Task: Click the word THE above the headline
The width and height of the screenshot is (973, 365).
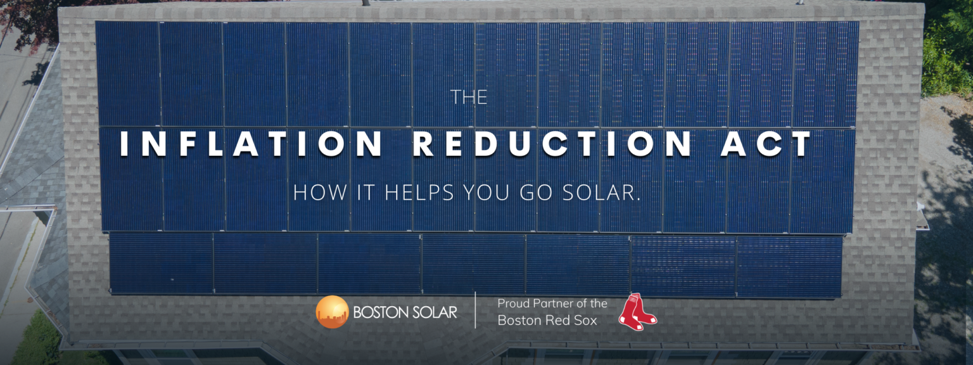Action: click(x=469, y=98)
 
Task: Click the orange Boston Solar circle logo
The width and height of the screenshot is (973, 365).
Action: click(x=332, y=312)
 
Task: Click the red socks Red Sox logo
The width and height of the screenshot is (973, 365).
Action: click(x=637, y=312)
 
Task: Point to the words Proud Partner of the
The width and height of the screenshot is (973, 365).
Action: click(x=552, y=304)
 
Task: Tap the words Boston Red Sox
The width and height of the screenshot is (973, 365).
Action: click(x=547, y=321)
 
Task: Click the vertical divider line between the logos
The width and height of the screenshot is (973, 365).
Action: click(x=476, y=311)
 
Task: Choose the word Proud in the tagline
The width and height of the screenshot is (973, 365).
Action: click(x=512, y=304)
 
